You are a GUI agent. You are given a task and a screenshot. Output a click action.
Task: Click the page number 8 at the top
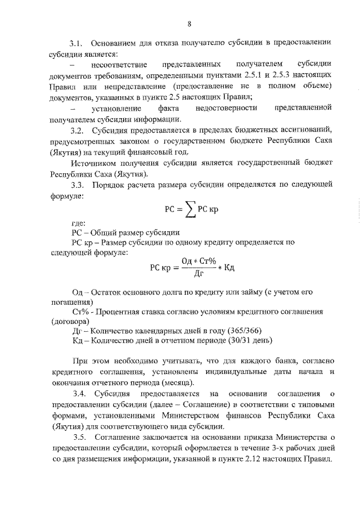pos(190,24)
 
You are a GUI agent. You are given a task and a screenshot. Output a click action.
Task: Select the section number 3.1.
pos(76,43)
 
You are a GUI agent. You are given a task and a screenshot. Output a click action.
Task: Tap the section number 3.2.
pos(76,130)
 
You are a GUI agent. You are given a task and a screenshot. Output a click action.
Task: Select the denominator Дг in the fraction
pos(198,274)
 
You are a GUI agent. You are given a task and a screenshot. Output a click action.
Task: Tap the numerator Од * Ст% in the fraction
pos(198,260)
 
